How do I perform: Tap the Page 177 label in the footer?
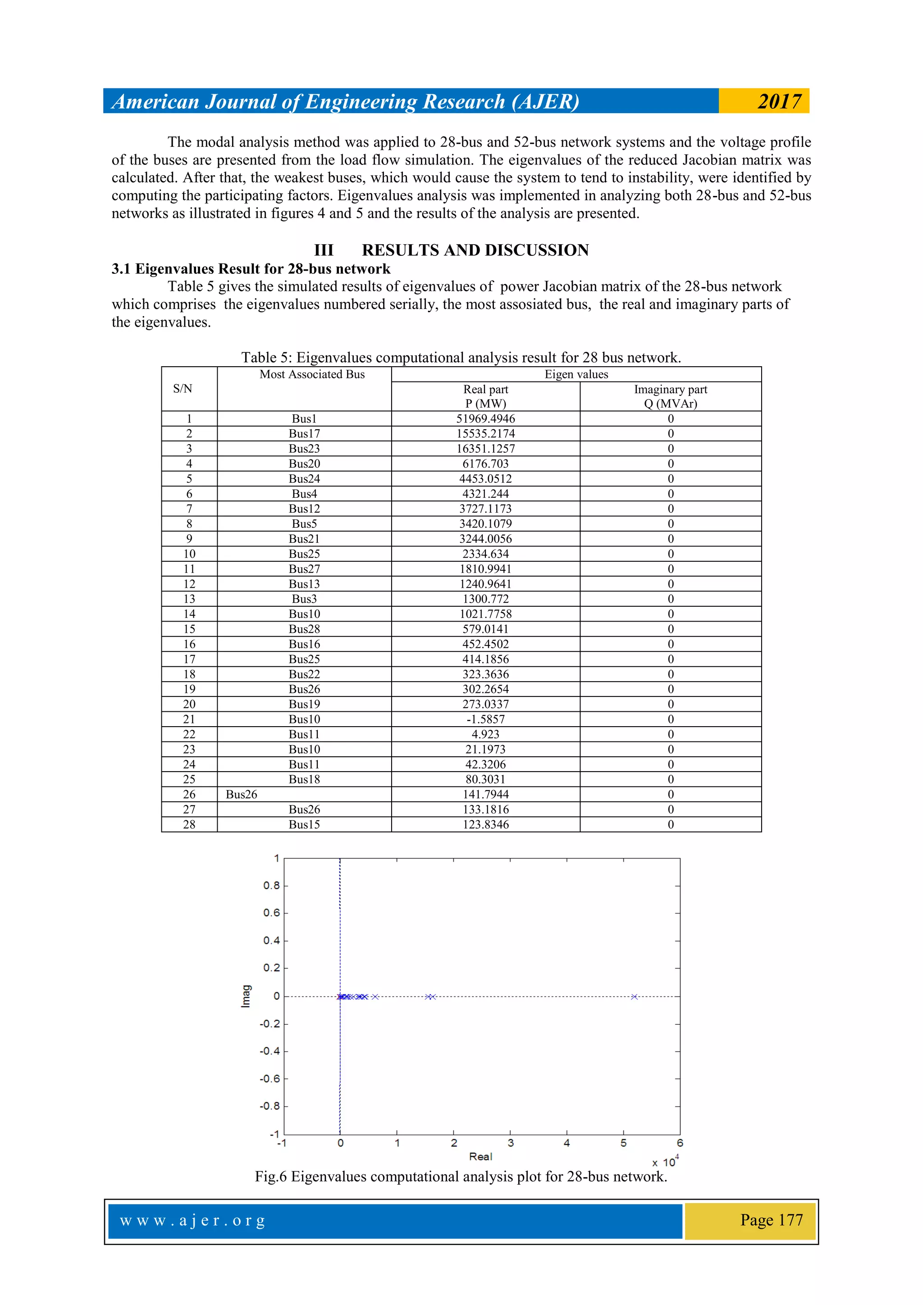click(771, 1220)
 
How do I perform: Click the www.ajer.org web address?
click(192, 1220)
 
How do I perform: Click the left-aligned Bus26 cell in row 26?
click(241, 795)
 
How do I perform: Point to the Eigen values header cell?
click(576, 374)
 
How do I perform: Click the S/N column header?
click(183, 389)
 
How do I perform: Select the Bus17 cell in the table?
click(304, 434)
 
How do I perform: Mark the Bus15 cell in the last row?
click(304, 825)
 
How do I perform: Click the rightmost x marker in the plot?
click(634, 996)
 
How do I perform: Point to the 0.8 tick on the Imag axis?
click(271, 886)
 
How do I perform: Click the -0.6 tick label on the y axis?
click(270, 1079)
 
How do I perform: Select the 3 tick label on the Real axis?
click(510, 1143)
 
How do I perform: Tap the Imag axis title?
click(246, 996)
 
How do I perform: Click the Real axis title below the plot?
click(480, 1157)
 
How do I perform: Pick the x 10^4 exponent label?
click(665, 1162)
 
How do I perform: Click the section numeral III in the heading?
click(324, 250)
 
